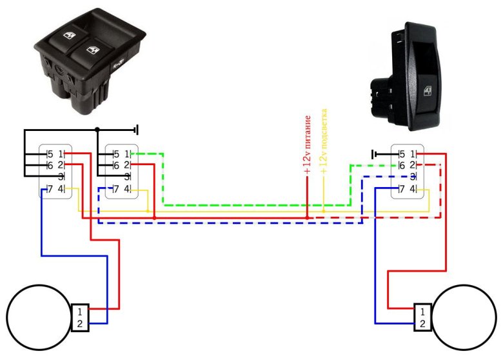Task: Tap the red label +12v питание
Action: (x=308, y=145)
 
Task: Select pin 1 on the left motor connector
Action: (x=79, y=310)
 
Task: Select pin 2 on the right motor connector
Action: (x=423, y=324)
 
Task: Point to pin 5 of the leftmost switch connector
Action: (x=50, y=154)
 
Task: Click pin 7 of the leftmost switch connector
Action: (x=50, y=188)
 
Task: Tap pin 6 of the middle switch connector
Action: (x=116, y=165)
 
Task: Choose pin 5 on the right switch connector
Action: (x=402, y=154)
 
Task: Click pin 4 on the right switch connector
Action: (x=413, y=189)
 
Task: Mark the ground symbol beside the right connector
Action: (x=374, y=154)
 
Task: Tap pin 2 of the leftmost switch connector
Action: (x=61, y=165)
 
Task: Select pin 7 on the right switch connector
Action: (x=402, y=189)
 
